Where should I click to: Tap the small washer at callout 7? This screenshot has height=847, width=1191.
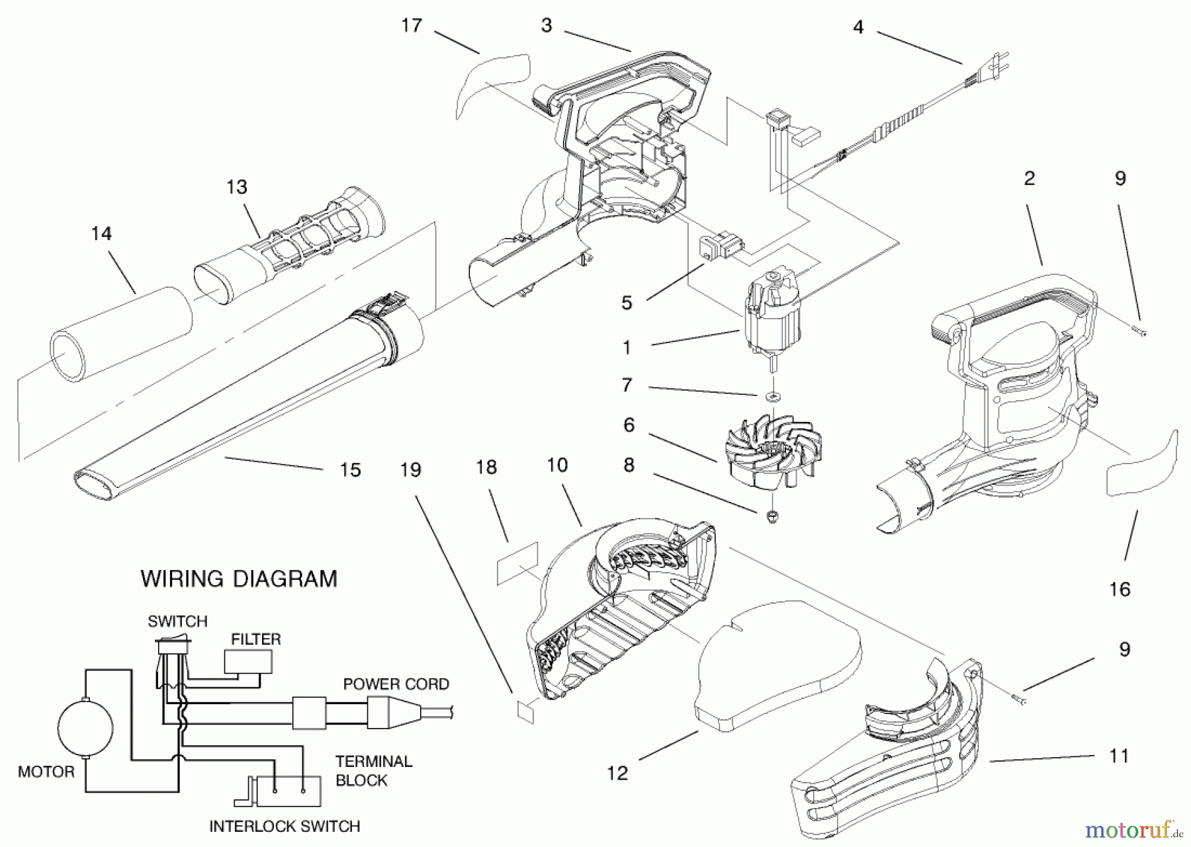click(772, 396)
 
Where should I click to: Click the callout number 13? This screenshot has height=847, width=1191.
click(237, 187)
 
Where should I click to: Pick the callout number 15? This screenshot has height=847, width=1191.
click(350, 470)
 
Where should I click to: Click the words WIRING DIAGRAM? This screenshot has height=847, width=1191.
click(239, 579)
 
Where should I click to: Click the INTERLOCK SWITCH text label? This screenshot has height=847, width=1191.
click(285, 827)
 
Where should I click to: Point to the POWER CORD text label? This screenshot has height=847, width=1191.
click(396, 684)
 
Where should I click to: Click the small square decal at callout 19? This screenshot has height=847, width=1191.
click(524, 711)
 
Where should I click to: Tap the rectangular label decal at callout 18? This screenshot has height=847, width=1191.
click(517, 563)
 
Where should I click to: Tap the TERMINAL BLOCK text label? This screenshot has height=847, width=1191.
click(373, 771)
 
